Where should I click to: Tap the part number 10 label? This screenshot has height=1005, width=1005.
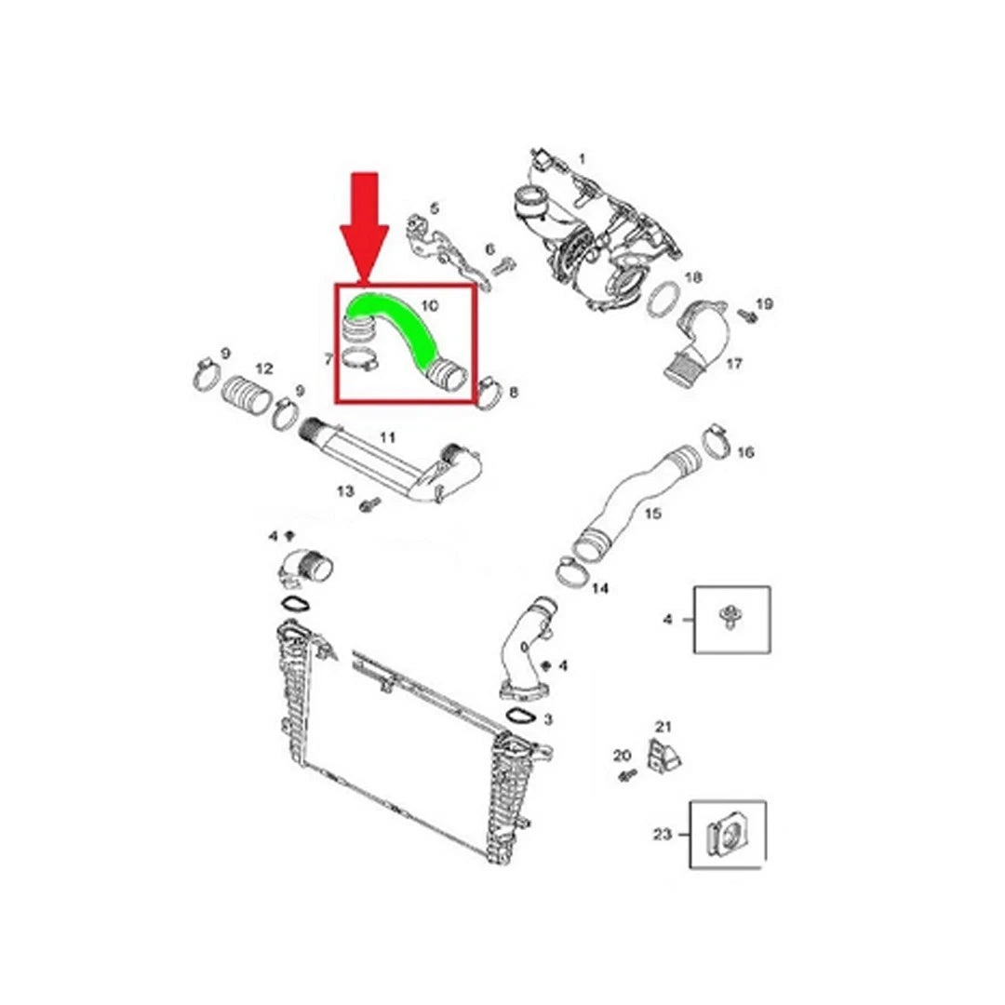pos(429,305)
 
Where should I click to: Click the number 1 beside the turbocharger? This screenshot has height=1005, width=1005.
pos(582,157)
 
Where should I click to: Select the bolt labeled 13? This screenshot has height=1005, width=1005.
pos(370,504)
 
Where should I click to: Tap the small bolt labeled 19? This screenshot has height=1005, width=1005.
pos(746,315)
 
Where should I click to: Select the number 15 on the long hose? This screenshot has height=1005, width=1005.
pos(652,514)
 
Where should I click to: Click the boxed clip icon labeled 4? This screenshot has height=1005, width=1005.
pos(732,619)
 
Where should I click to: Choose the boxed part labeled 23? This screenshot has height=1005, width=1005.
pos(728,835)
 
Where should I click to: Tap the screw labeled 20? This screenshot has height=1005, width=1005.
pos(626,776)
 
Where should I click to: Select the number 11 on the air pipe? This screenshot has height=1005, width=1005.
pos(387,437)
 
